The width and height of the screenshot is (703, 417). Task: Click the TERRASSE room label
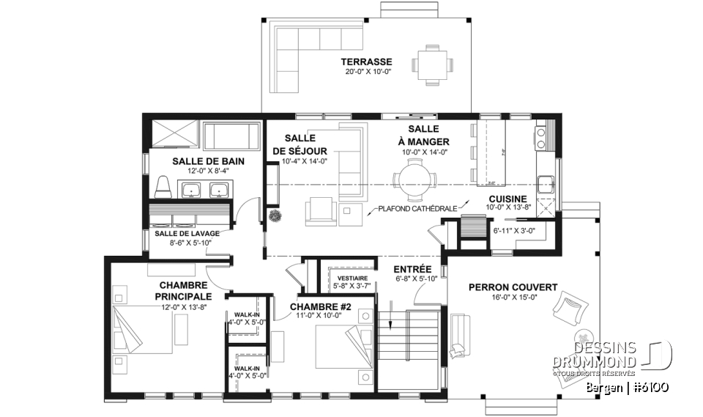[371, 62]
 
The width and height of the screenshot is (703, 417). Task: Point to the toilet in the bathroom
[164, 188]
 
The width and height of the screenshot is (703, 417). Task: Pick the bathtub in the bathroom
[231, 136]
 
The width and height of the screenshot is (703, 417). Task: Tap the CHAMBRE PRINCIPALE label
[183, 290]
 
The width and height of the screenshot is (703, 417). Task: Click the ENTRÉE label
[412, 269]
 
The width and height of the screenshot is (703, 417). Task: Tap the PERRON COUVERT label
[513, 287]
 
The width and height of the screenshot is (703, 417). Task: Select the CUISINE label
[506, 198]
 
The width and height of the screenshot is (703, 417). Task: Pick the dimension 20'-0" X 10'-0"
[370, 72]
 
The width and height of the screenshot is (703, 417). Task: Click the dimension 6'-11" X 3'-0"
[514, 231]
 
